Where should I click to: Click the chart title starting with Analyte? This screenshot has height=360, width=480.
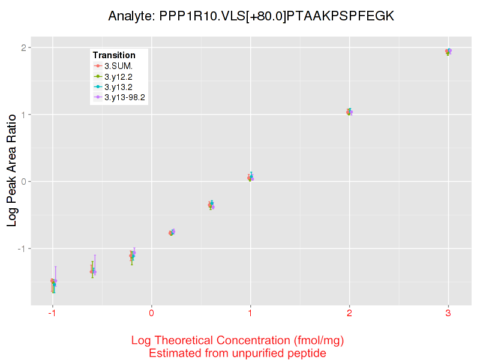coord(251,16)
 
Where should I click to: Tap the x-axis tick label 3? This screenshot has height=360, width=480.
coord(448,314)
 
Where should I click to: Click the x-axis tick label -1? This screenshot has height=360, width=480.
coord(52,314)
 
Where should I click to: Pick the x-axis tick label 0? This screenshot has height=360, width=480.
coord(151,314)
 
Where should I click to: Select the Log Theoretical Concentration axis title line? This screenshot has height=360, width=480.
coord(238,341)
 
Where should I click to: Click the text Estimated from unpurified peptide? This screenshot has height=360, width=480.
coord(238,353)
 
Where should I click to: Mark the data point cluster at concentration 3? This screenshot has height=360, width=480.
coord(448,52)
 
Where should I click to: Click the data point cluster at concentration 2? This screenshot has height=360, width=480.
coord(349,112)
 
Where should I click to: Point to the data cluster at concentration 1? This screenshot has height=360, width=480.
coord(250,178)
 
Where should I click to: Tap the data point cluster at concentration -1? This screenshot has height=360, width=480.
coord(53,282)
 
